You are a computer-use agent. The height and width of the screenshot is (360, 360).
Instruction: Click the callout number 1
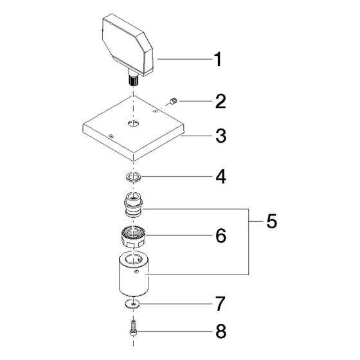click(218, 59)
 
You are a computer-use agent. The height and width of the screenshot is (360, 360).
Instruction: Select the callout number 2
click(221, 102)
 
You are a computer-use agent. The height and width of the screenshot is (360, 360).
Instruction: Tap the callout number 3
click(221, 136)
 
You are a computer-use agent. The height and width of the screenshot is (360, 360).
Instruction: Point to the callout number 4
click(221, 177)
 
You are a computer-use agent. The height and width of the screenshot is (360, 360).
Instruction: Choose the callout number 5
click(271, 221)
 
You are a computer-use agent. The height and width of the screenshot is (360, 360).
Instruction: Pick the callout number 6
click(221, 235)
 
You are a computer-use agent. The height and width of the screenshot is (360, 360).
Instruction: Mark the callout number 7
click(221, 303)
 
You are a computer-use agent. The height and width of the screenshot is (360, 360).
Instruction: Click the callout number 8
click(221, 331)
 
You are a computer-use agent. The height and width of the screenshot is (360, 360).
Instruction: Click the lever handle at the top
click(127, 45)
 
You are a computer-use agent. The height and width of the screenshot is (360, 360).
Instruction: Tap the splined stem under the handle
click(133, 80)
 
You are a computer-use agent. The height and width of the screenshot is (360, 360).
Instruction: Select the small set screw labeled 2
click(173, 101)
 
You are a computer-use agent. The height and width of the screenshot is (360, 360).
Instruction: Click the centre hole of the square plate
click(134, 123)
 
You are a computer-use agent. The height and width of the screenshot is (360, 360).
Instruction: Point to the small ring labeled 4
click(134, 177)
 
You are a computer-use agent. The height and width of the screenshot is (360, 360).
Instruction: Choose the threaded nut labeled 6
click(133, 237)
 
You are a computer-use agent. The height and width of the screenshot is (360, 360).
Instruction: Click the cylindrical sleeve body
click(134, 274)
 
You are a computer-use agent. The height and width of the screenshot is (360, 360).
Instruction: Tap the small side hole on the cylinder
click(136, 272)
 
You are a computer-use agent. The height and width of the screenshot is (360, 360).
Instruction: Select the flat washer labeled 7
click(132, 304)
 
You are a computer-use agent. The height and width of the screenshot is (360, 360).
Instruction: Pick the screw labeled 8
click(133, 328)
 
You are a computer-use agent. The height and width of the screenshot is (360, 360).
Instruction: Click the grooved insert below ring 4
click(134, 204)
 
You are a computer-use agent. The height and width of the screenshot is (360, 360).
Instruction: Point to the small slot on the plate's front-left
click(112, 136)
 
